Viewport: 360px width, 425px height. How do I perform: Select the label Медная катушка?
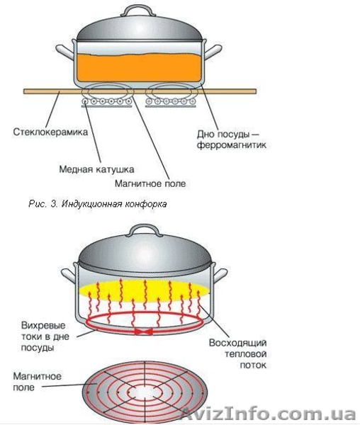point(96,169)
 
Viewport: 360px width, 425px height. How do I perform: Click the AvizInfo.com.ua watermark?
point(269,413)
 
